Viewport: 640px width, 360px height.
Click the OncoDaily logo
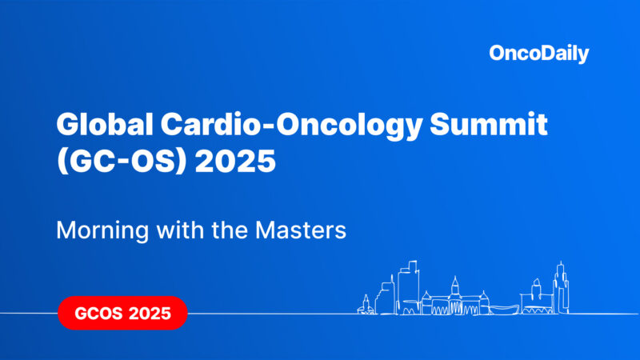tap(538, 54)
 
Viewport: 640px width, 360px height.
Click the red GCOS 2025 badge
tap(122, 313)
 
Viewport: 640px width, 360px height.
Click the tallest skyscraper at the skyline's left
tap(409, 284)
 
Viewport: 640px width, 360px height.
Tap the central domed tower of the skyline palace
tap(454, 292)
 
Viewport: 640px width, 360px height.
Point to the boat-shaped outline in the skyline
tap(497, 308)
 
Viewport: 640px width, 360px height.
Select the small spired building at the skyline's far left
tap(366, 305)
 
